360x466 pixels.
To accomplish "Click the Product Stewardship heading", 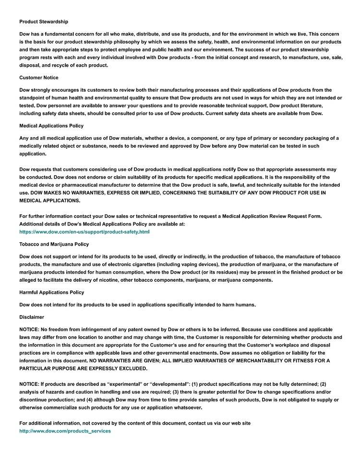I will click(44, 22).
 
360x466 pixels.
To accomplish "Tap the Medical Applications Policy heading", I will click(51, 126).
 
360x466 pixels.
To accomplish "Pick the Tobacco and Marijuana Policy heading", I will click(54, 244).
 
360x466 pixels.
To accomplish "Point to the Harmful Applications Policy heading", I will click(51, 292).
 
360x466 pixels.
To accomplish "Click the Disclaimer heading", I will click(32, 317).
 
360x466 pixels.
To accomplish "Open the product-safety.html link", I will click(84, 232).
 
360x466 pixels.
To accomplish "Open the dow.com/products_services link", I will click(65, 431).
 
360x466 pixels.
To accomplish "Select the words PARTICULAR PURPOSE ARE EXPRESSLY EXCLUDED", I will click(83, 369).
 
